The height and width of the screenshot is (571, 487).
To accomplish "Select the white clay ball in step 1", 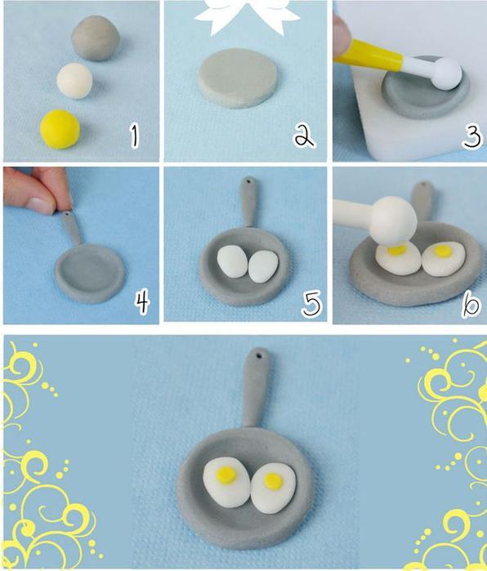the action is coord(74,81).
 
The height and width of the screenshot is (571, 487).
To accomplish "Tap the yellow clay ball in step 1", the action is coord(60,129).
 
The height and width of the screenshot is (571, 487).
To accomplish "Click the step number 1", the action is coord(135,136).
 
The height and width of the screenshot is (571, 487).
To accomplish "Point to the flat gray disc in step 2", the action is coord(239,78).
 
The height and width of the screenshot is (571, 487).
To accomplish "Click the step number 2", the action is coord(304,135).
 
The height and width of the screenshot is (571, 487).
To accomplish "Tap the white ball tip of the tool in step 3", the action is coord(448,74).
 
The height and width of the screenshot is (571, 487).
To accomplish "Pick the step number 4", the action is coord(142,302).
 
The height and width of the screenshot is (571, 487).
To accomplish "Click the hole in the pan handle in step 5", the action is coord(249,181).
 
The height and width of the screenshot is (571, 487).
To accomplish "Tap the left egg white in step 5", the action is coord(232,262).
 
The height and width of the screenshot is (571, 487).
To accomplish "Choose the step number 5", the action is coord(312,303).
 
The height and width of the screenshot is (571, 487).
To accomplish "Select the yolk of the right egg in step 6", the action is coord(442,250).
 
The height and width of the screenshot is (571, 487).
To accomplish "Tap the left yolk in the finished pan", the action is coord(226,475).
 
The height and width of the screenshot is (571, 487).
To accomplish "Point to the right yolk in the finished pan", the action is coord(273,481).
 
